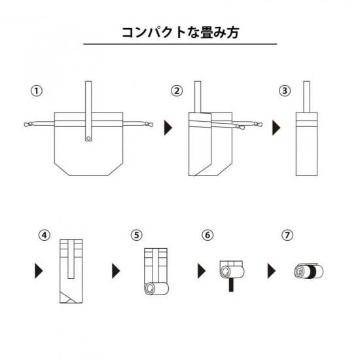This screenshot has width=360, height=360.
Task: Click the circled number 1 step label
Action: pos(37,91)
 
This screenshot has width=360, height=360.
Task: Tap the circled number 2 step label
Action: pos(177,91)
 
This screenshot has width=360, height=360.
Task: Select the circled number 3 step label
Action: pos(285,91)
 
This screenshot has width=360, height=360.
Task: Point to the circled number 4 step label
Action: pos(45,235)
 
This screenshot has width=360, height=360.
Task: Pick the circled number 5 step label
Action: pos(137,235)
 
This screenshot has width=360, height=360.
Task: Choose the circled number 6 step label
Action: pos(207,235)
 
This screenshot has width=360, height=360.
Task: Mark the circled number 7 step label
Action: pos(287,235)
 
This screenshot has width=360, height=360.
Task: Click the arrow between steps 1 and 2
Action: pos(168,128)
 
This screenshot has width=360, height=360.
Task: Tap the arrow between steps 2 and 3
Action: pos(276,128)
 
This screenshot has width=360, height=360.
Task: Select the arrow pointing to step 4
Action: pos(39,271)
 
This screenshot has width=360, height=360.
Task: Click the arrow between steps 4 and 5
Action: pos(116,271)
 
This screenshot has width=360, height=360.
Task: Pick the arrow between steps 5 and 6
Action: pos(202,271)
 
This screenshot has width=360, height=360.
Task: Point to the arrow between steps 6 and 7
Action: pos(272,271)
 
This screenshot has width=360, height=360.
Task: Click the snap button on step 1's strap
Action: pos(88,139)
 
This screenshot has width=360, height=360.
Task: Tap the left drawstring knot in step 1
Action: pos(27,124)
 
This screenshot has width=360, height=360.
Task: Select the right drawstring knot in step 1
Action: pos(149,124)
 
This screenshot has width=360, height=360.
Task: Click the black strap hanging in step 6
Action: pos(231,285)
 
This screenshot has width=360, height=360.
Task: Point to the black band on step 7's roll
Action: pos(312,272)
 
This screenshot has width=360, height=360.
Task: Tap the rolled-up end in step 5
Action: pos(156,289)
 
